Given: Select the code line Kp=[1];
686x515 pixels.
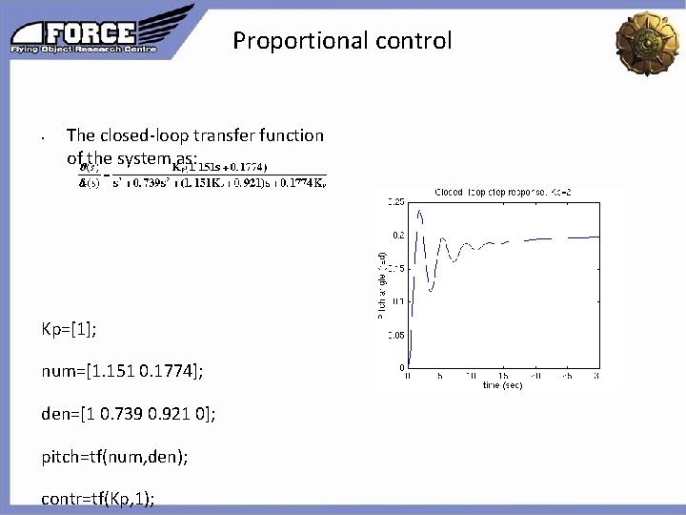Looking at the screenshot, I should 69,329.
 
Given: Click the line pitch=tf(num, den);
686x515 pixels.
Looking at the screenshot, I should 114,457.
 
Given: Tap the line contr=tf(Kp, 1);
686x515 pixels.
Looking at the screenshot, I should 98,498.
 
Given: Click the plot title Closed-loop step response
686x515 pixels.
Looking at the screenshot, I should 490,192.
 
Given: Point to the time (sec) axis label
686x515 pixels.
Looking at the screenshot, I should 501,385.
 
